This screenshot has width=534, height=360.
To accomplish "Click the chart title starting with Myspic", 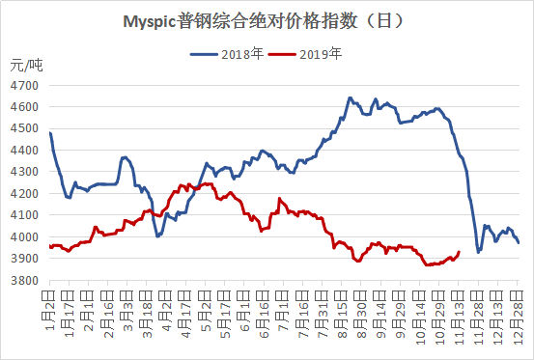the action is click(x=264, y=21).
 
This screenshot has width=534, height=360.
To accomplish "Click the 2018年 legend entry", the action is click(x=227, y=54).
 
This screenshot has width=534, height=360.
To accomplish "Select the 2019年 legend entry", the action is click(x=305, y=54).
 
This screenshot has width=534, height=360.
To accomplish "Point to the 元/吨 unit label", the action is click(x=26, y=65).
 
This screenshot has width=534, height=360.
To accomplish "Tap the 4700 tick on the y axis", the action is click(x=24, y=85).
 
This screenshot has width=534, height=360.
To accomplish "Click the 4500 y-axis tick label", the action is click(x=24, y=128).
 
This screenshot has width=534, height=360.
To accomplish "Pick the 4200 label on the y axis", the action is click(x=24, y=194).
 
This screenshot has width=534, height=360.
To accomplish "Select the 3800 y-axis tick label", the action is click(x=24, y=281).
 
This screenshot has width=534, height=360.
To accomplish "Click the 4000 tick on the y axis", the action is click(x=24, y=236).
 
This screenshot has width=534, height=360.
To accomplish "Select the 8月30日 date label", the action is click(x=361, y=315).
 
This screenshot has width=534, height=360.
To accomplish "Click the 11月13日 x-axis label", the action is click(x=459, y=318).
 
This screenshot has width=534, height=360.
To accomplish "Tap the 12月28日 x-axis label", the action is click(x=518, y=318).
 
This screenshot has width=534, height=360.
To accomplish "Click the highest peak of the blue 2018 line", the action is click(x=350, y=98).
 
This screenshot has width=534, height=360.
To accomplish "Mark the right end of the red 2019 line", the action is click(x=459, y=252).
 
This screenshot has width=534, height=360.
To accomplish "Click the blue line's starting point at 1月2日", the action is click(x=50, y=132).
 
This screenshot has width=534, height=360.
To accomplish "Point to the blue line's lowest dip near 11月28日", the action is click(x=479, y=252).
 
